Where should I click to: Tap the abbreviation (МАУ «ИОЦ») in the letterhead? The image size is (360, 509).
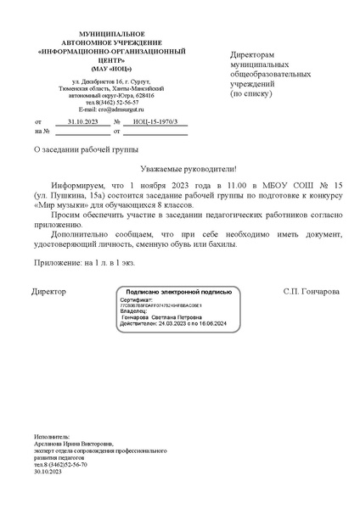99,69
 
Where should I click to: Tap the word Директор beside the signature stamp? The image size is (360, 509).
48,291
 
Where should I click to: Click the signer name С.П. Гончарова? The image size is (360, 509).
312,291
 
